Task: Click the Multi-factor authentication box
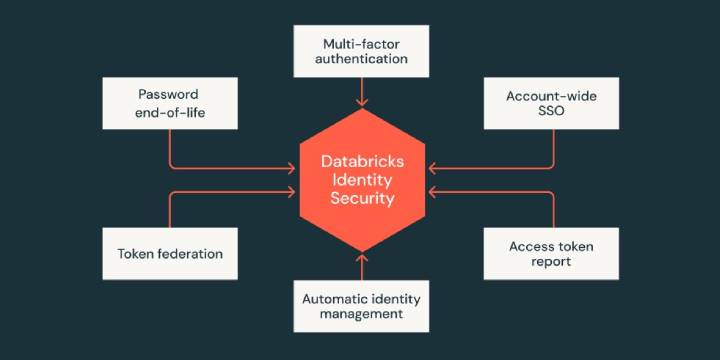(361, 51)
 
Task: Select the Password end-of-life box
(170, 104)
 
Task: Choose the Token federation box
(170, 253)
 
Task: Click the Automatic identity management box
(361, 305)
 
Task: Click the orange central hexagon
(361, 180)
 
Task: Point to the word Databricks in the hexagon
(362, 161)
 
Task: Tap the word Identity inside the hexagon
(362, 180)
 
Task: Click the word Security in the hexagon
(362, 199)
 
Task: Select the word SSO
(552, 113)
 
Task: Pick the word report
(552, 262)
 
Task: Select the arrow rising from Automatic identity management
(361, 267)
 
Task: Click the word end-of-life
(170, 113)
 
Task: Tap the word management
(362, 314)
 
